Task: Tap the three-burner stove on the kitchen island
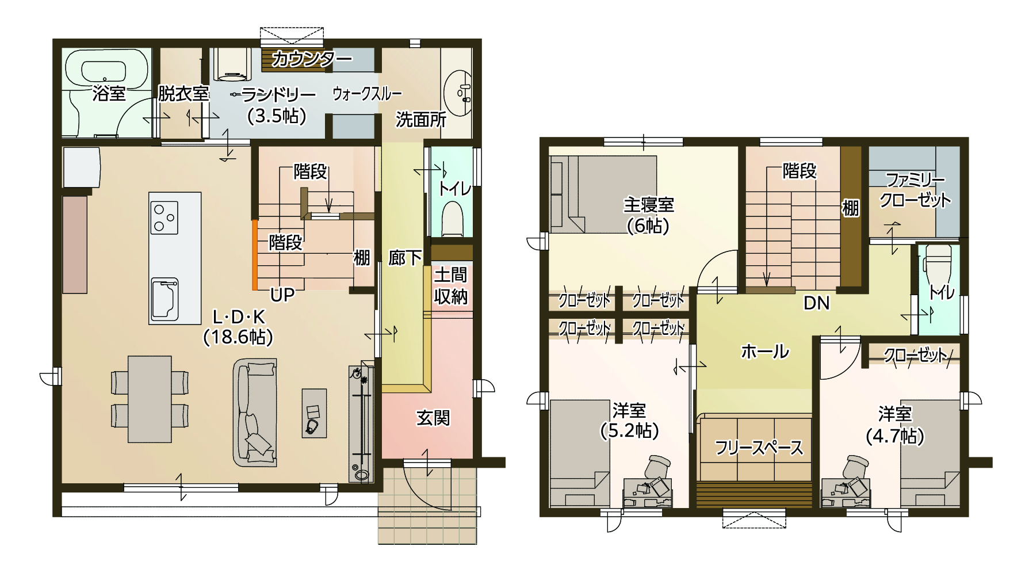click(164, 217)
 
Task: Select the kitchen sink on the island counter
click(165, 299)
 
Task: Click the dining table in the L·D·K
click(150, 399)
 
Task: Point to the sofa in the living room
click(255, 412)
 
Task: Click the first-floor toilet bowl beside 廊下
click(452, 219)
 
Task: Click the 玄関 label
click(433, 418)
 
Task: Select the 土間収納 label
click(450, 285)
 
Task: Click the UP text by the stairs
click(282, 295)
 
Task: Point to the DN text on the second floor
click(816, 303)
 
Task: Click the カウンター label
click(311, 59)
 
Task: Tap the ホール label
click(764, 351)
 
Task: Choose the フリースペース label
click(758, 448)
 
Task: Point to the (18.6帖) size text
click(238, 337)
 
